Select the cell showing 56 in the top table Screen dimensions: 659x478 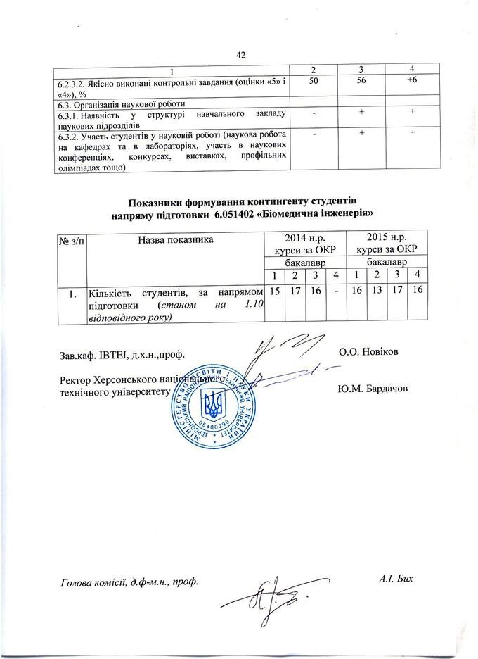pos(356,82)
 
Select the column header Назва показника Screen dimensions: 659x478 pos(176,240)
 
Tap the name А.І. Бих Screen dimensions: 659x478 pos(394,581)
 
